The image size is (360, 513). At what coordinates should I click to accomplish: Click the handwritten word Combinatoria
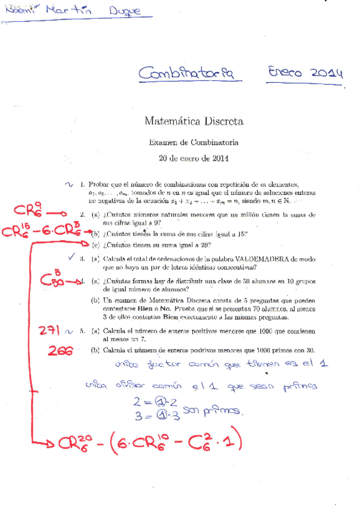tap(186, 74)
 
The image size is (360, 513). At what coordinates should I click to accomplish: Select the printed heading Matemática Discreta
tap(194, 122)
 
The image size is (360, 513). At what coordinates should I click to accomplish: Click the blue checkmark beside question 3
tap(72, 257)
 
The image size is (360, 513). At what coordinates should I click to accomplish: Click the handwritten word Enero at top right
tap(285, 73)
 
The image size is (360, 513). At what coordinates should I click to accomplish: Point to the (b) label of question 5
tap(96, 350)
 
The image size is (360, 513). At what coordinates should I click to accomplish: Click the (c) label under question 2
tap(96, 245)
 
